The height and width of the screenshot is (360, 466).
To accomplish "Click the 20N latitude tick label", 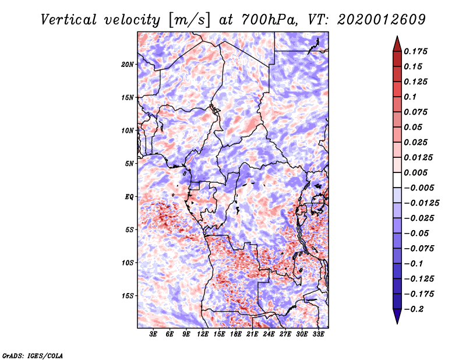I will (128, 64).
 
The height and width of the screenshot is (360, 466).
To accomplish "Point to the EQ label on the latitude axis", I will (129, 197).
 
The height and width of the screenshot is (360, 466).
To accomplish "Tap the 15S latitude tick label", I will (128, 296).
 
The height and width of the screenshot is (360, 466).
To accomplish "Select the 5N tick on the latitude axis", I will (129, 164).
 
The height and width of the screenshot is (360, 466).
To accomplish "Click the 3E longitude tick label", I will (154, 335).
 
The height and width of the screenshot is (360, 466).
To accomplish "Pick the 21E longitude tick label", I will (253, 335).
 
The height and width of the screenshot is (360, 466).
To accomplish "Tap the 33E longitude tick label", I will (319, 335).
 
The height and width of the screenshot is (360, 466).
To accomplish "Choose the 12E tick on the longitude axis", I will (203, 335).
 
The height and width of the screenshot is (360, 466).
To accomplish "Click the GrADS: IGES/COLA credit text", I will (32, 355).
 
